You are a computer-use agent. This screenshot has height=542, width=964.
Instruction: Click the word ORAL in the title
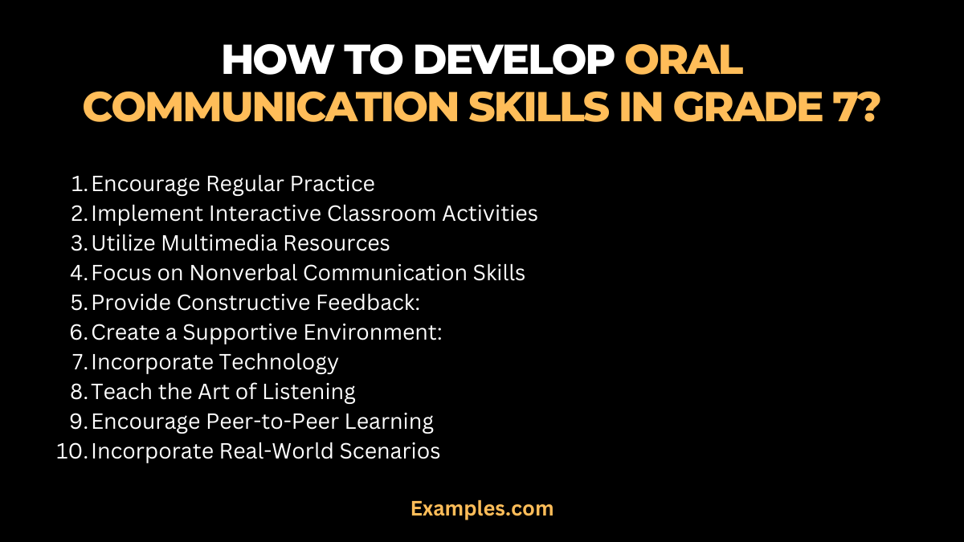coord(684,59)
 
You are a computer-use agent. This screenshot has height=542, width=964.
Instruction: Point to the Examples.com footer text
coord(482,508)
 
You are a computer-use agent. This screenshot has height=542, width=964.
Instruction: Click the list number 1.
coord(79,184)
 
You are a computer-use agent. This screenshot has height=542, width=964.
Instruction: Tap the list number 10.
coord(71,451)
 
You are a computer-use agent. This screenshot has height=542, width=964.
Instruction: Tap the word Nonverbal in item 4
coord(243,273)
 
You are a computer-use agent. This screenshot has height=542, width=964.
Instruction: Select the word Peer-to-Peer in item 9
coord(279,422)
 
